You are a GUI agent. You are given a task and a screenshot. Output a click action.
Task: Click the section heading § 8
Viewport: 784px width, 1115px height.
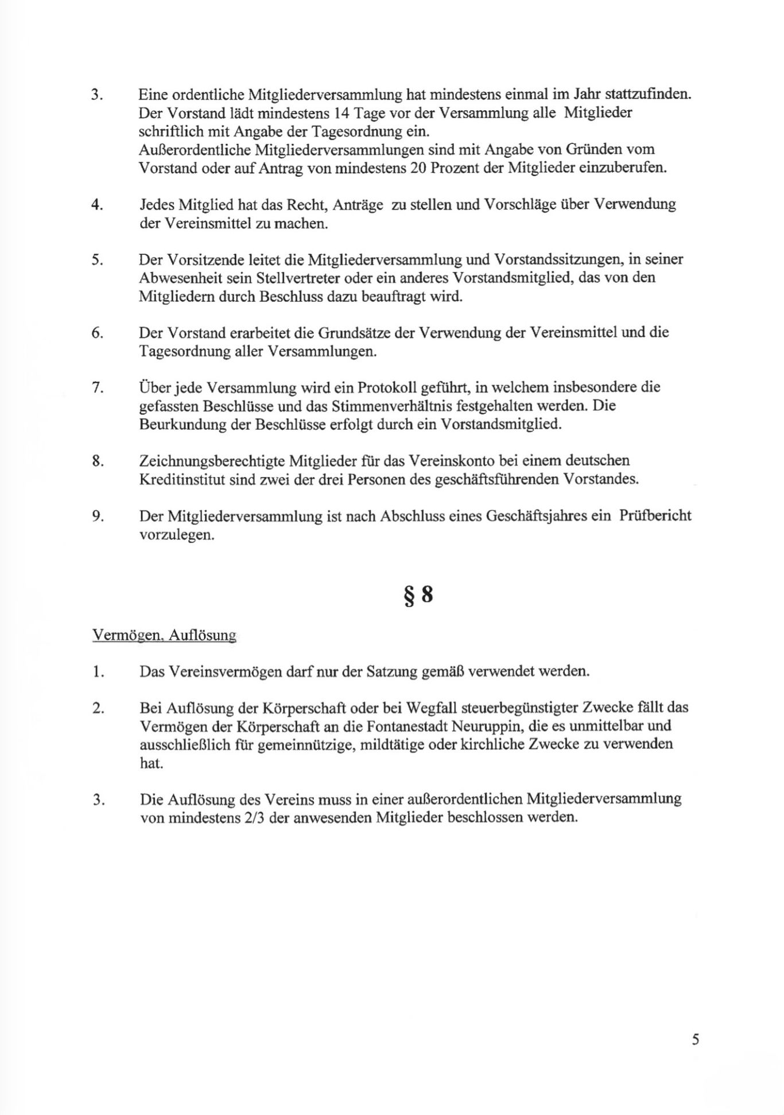click(x=418, y=595)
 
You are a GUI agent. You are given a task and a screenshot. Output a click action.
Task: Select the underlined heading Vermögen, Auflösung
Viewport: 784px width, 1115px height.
click(x=164, y=635)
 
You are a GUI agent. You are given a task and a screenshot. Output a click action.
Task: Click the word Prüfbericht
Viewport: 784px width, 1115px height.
click(x=655, y=516)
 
